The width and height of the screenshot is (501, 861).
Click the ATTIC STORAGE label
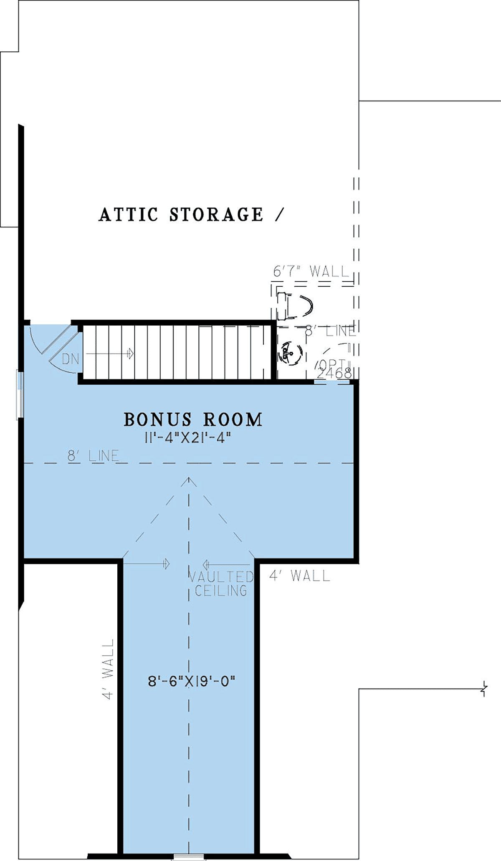[x=181, y=215]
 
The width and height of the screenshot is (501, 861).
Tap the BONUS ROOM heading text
[x=193, y=419]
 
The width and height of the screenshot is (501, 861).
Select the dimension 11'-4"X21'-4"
[x=187, y=438]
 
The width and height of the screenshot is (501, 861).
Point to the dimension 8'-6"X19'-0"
[x=192, y=682]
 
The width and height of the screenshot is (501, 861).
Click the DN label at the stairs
[x=70, y=359]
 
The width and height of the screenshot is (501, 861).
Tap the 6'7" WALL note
[x=311, y=272]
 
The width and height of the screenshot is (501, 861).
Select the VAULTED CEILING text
[x=221, y=583]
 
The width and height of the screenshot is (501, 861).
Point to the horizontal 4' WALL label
[x=300, y=576]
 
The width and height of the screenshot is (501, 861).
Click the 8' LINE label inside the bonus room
[x=93, y=456]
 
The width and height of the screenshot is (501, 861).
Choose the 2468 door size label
[x=334, y=373]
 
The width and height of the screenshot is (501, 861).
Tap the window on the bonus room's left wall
[x=20, y=394]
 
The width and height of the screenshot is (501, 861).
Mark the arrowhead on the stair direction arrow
[x=131, y=353]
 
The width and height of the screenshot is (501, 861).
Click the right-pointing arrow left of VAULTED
[x=147, y=564]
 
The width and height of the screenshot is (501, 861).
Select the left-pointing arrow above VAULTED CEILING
[x=226, y=564]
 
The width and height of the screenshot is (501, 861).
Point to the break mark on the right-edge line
[x=484, y=689]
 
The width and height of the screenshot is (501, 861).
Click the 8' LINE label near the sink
[x=330, y=331]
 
